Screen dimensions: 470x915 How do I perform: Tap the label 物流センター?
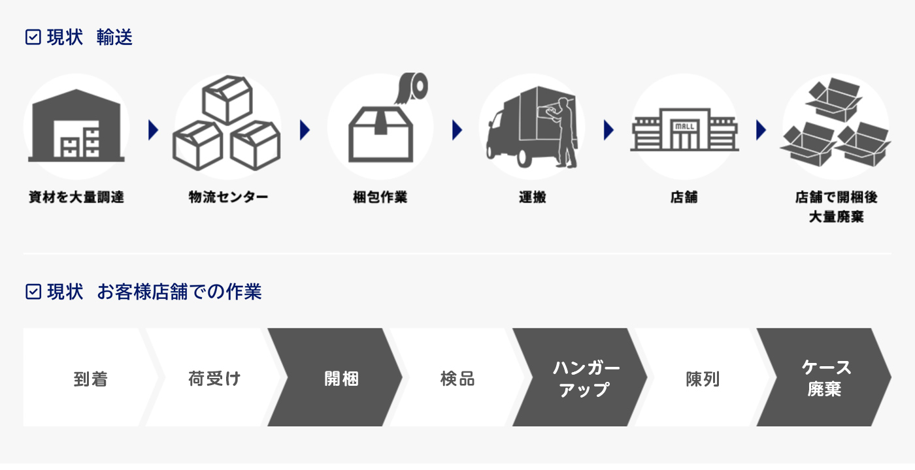(228, 196)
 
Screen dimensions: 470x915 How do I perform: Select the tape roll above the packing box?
(412, 87)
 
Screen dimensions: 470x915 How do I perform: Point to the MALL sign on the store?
(684, 125)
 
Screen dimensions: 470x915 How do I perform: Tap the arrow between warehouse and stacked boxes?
(154, 130)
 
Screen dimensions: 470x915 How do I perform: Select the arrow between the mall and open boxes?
(761, 130)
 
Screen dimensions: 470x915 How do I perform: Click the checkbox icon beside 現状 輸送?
(33, 37)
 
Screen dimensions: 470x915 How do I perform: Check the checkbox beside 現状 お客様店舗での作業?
(33, 291)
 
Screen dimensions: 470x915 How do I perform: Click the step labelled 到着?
(90, 378)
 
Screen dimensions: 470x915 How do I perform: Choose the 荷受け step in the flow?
(214, 378)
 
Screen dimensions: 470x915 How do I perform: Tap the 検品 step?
(457, 378)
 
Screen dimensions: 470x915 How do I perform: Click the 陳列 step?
(702, 378)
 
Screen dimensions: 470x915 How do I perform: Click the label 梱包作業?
(380, 196)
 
